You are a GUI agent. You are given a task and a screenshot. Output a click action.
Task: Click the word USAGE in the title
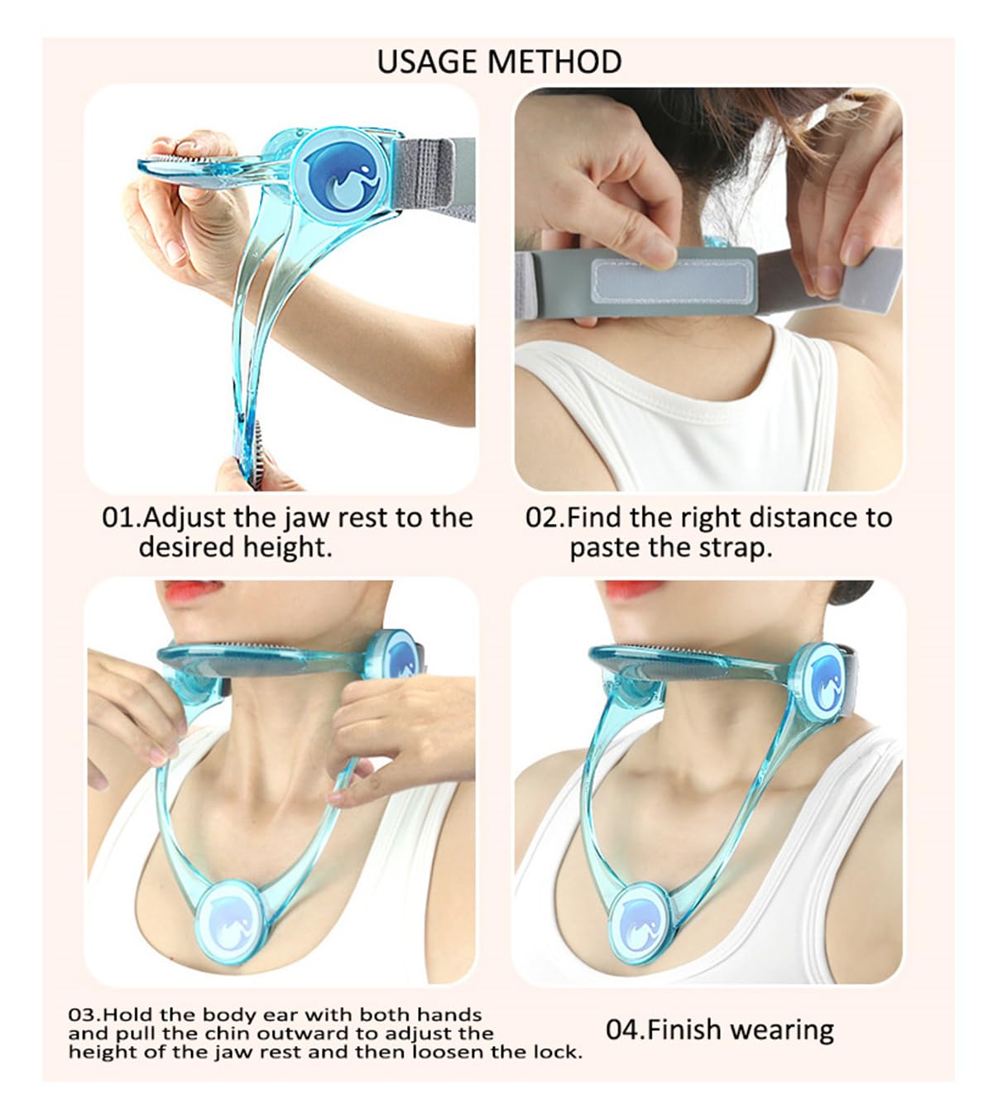click(427, 62)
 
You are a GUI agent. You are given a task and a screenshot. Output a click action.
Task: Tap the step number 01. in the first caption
click(121, 518)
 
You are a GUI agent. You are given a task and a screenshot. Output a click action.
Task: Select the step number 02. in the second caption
click(546, 518)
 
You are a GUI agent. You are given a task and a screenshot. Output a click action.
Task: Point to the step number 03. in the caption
click(86, 1015)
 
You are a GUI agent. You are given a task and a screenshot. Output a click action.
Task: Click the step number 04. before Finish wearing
click(626, 1030)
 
